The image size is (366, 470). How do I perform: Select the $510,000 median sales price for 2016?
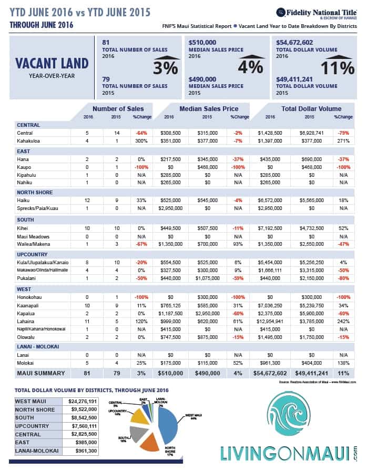[x=202, y=42]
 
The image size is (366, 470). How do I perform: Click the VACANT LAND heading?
[x=51, y=63]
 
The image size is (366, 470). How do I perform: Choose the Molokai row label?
[x=27, y=363]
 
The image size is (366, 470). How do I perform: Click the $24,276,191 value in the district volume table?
[x=83, y=401]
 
